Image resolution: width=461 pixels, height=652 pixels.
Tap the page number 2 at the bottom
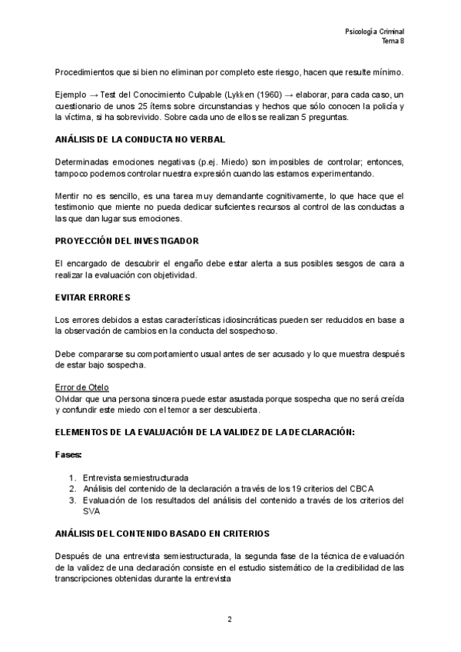pos(229,619)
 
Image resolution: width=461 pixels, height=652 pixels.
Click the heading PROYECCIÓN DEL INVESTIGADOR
pos(127,241)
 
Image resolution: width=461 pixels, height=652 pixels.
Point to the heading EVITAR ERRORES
pos(93,297)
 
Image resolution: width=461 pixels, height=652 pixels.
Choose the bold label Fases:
pos(68,454)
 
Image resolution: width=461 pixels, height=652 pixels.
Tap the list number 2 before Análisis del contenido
pos(71,488)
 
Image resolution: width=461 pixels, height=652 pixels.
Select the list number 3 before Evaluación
pos(71,500)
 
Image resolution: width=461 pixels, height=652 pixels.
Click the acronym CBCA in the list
pos(361,488)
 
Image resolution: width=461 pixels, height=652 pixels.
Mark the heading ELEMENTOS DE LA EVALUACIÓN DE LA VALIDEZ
pos(204,432)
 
